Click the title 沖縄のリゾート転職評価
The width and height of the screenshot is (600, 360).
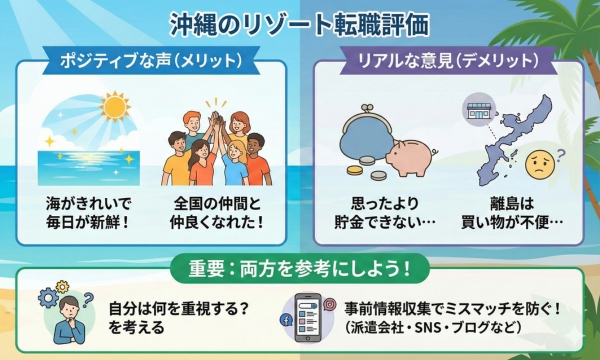[x=300, y=23]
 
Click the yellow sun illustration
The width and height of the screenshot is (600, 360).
[x=116, y=108]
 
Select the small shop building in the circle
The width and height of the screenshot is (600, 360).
[x=474, y=113]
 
